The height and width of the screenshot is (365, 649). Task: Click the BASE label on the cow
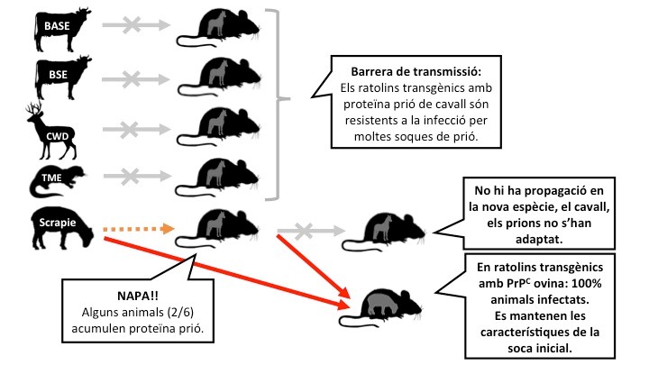(57, 26)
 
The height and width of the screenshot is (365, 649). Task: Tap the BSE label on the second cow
(58, 75)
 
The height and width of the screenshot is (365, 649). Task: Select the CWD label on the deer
(57, 136)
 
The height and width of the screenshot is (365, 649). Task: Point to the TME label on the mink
(51, 178)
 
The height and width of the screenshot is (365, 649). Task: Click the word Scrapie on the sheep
(58, 223)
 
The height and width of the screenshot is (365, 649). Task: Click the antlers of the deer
(35, 109)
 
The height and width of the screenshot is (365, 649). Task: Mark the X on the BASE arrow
(133, 25)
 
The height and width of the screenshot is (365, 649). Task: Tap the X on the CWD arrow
(130, 130)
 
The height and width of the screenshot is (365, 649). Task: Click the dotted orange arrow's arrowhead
(168, 228)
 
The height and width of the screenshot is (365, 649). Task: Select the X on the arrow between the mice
(305, 231)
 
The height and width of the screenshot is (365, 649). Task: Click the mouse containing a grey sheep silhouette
(380, 307)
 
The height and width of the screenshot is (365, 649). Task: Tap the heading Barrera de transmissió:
(416, 71)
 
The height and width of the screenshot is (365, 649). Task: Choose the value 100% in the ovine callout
(588, 284)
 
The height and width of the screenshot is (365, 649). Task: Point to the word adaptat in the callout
(539, 239)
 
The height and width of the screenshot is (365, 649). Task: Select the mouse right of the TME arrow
(218, 178)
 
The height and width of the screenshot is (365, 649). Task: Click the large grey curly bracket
(278, 105)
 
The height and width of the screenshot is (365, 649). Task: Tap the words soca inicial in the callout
(540, 348)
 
